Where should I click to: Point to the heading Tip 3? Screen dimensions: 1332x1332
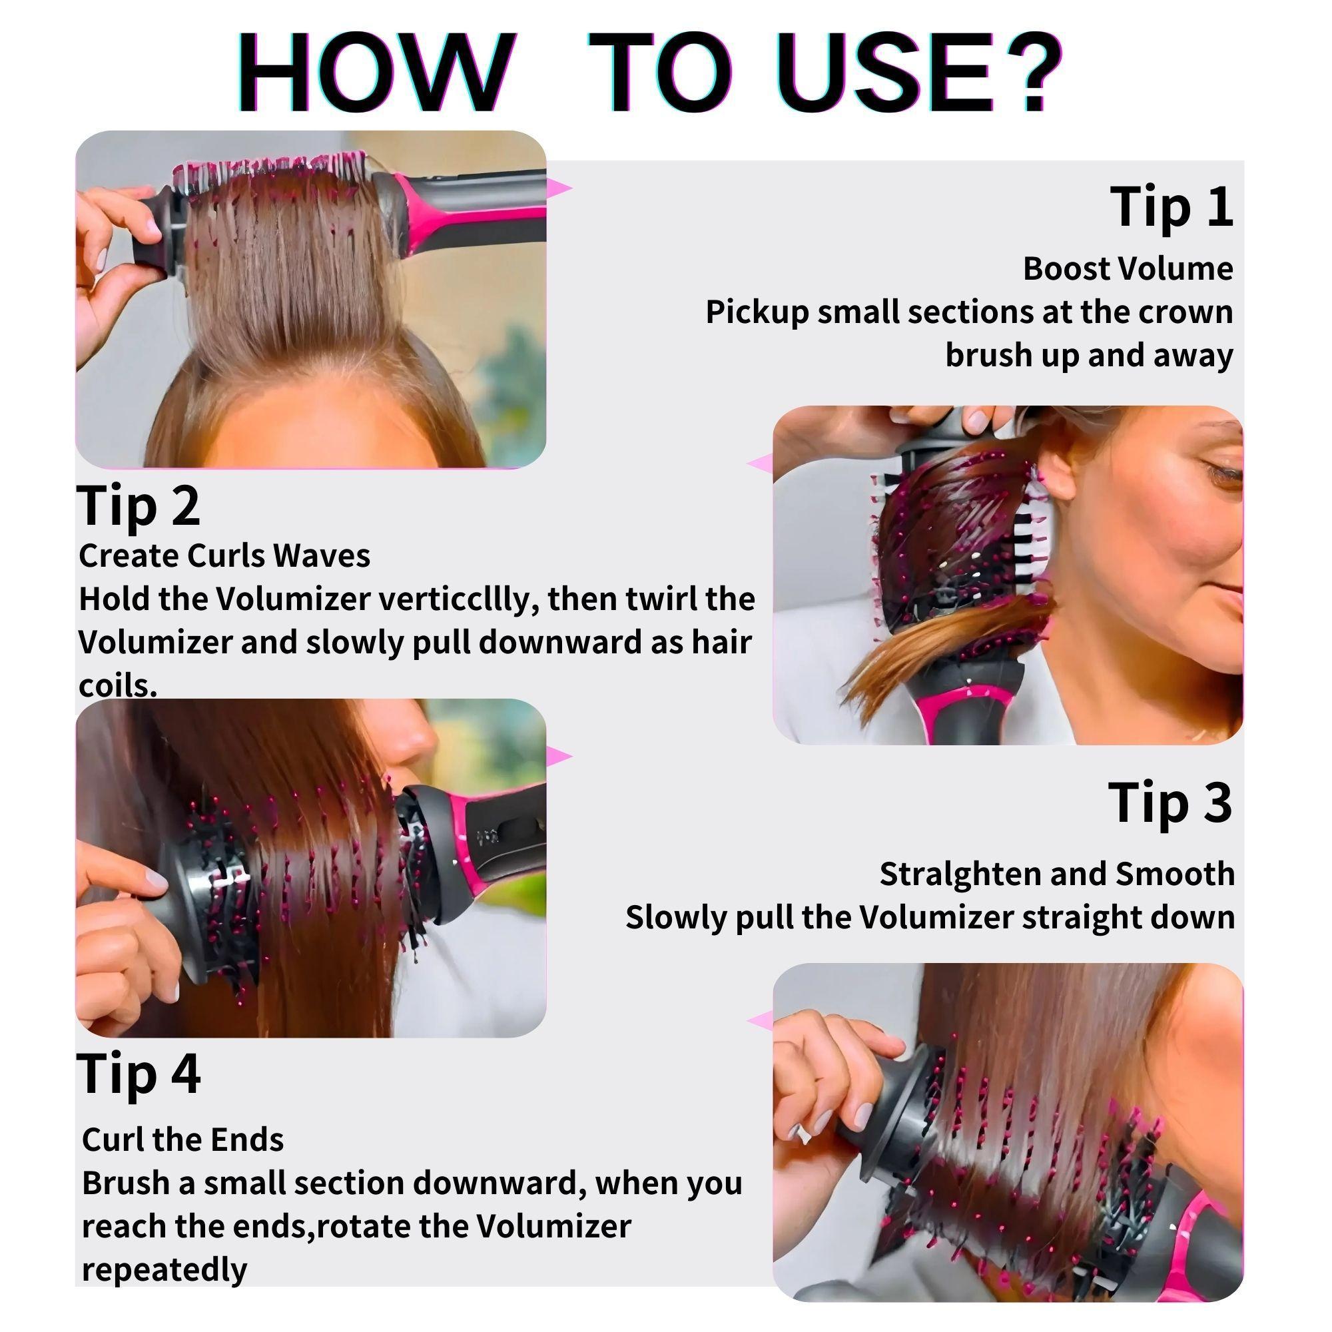click(1170, 803)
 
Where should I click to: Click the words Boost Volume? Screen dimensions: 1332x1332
click(1128, 268)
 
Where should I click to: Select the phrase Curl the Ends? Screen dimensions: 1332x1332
click(182, 1140)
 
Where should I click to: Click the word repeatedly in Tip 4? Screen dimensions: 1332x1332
click(164, 1269)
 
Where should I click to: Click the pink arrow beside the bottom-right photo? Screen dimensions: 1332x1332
click(761, 1021)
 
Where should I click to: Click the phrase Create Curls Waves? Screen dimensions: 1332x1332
click(224, 555)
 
